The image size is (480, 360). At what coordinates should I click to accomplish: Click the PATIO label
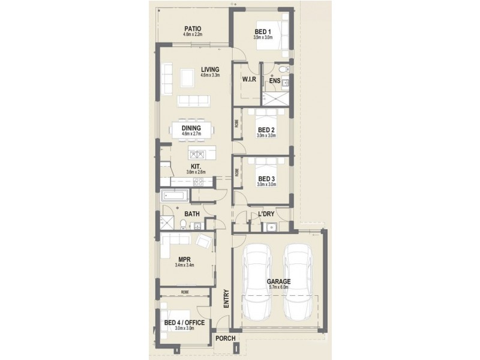(x=193, y=29)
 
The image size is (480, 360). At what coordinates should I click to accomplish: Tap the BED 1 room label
(x=263, y=31)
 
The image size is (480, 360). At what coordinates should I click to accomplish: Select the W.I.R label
(x=250, y=79)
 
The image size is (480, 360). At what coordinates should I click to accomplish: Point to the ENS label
(x=275, y=80)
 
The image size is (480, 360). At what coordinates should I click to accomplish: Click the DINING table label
(x=192, y=128)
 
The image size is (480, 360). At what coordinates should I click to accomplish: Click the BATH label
(x=192, y=214)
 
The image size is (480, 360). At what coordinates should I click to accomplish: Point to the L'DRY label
(x=266, y=214)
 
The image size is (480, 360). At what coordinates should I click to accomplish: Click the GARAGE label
(x=279, y=281)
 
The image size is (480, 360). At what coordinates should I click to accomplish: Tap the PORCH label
(x=226, y=338)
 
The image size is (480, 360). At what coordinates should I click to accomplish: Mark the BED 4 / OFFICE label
(x=184, y=323)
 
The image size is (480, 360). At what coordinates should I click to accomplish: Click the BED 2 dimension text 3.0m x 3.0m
(x=266, y=136)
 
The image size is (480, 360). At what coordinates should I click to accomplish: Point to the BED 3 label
(x=266, y=178)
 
